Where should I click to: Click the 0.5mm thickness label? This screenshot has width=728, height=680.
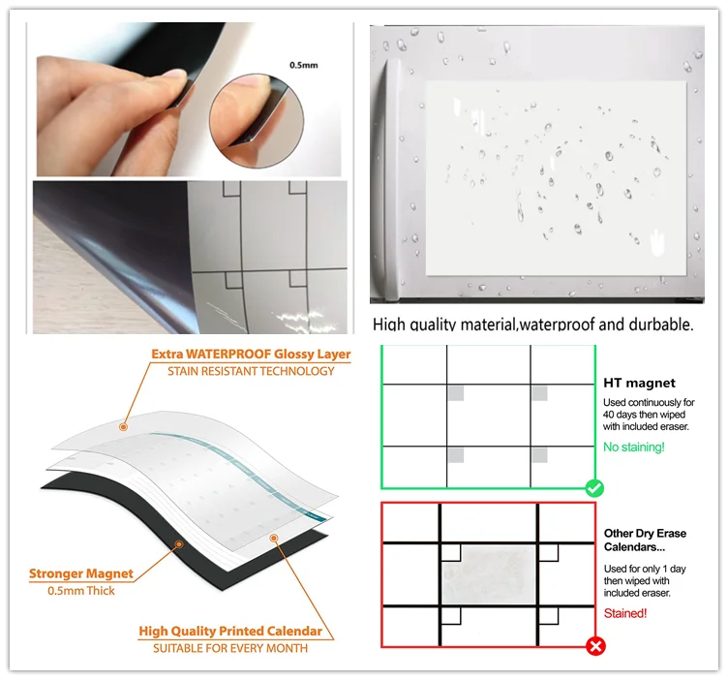(304, 65)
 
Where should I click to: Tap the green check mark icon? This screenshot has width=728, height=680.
(594, 488)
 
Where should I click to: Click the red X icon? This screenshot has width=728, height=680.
(595, 646)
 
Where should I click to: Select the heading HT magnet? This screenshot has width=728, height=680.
(639, 383)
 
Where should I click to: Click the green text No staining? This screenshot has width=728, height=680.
(634, 447)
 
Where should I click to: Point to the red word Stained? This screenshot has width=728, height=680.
(625, 613)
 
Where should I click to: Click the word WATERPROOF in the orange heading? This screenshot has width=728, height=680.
(228, 354)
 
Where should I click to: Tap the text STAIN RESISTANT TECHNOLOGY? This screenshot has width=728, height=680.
(251, 371)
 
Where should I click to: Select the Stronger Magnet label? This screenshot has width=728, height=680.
(81, 573)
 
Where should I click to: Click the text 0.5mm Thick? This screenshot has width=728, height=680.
(81, 591)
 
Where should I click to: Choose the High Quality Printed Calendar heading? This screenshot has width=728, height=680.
(230, 632)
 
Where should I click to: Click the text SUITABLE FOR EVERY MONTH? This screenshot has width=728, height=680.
(230, 648)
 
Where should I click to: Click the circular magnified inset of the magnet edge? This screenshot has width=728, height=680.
(257, 120)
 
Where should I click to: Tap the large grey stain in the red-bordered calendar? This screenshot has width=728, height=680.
(489, 574)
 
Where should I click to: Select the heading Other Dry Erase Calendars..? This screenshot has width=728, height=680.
(645, 541)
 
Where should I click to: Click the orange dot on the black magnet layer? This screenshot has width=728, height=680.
(179, 544)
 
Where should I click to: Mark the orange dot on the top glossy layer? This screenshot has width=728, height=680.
(124, 426)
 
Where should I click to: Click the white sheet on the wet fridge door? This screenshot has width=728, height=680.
(557, 178)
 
